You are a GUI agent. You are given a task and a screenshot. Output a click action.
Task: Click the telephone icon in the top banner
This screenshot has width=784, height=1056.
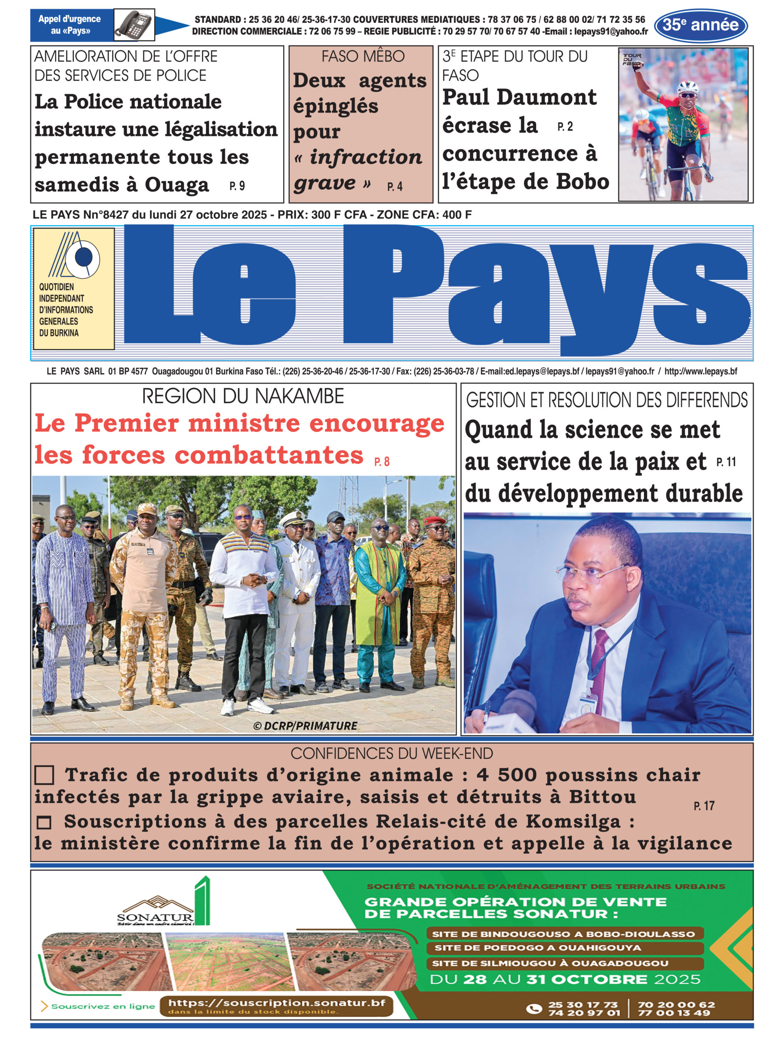click(x=134, y=24)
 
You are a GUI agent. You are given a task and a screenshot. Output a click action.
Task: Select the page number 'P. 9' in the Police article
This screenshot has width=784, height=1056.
click(x=237, y=186)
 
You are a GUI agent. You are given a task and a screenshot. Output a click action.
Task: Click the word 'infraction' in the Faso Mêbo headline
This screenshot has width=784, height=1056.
click(x=366, y=157)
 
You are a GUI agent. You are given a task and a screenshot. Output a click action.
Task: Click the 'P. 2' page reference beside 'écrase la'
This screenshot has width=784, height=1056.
click(x=565, y=127)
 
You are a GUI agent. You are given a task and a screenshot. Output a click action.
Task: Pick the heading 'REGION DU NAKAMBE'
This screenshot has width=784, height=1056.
click(x=243, y=396)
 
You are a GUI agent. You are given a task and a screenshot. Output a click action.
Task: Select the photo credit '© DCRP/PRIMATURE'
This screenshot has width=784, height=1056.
click(x=305, y=726)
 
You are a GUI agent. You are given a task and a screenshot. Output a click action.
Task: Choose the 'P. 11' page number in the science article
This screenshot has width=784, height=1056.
click(x=725, y=462)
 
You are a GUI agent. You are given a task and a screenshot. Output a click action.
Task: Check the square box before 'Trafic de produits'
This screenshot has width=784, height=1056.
click(x=44, y=775)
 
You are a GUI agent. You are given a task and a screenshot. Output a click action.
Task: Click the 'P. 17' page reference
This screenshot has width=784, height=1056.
click(x=704, y=806)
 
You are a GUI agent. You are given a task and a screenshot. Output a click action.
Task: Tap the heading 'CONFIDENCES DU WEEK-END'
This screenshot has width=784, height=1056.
click(x=392, y=754)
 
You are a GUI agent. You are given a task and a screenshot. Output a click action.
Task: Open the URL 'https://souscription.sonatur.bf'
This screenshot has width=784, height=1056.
click(x=277, y=1002)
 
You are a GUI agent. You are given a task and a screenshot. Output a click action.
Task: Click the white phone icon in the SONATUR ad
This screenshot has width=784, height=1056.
click(x=534, y=1008)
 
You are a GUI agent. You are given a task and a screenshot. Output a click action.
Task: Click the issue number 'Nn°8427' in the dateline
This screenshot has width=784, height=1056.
click(x=106, y=214)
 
